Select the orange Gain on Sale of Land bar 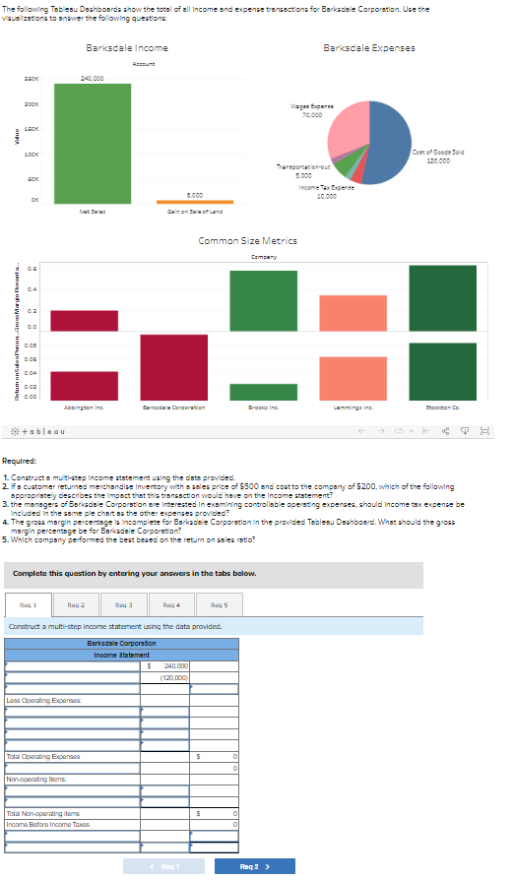coord(194,201)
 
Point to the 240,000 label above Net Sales coord(93,78)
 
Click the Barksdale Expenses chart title coord(368,48)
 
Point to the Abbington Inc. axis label coord(84,405)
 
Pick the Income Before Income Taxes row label coord(48,824)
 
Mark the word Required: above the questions coord(21,460)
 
